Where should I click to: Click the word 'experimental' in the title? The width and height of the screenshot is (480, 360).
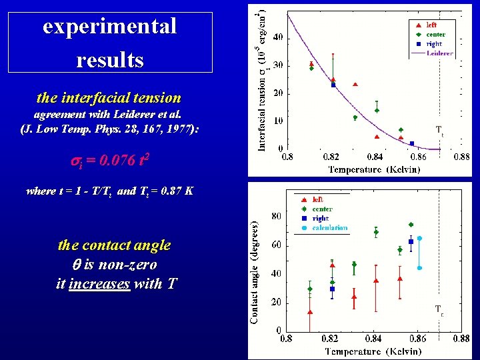110,27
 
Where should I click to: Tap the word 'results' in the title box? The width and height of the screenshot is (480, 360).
110,60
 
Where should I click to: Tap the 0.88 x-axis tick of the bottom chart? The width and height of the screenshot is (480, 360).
461,339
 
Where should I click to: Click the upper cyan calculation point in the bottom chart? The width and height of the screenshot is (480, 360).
419,238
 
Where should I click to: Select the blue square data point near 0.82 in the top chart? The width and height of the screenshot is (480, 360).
333,85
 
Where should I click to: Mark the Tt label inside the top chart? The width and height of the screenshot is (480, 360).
439,130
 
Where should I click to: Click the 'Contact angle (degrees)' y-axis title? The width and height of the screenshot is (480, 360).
255,273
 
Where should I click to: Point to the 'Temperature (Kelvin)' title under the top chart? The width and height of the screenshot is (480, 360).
374,169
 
